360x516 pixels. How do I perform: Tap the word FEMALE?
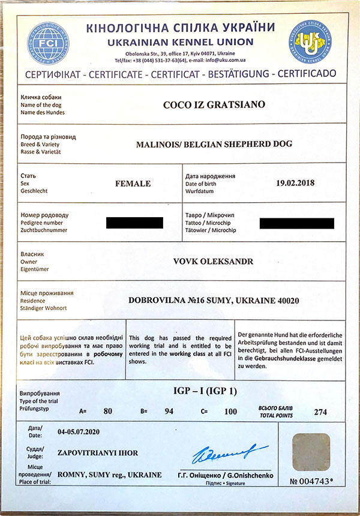coord(133,183)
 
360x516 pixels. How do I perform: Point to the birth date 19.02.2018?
coord(295,182)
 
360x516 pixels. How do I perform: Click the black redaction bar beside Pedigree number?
coord(134,223)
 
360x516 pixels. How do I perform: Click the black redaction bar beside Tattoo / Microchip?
coord(296,223)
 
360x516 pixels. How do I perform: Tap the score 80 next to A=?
coord(109,412)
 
